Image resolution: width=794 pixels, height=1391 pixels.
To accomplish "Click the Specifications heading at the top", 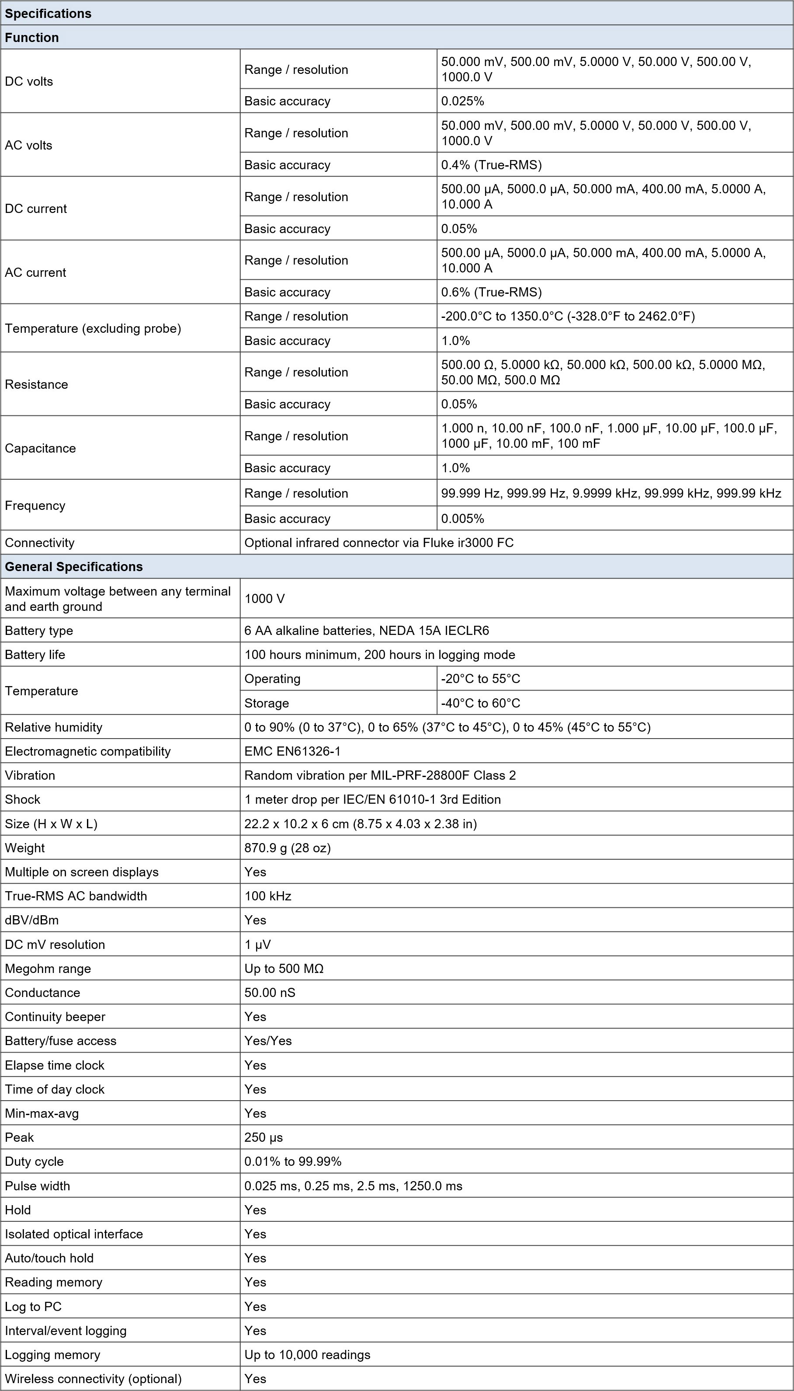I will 48,13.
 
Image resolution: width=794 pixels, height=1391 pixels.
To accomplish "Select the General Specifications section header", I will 73,566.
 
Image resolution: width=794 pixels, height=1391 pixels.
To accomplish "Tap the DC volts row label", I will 29,81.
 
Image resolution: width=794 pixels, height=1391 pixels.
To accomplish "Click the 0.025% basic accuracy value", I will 462,101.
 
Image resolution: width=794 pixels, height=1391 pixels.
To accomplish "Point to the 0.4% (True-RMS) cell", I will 491,165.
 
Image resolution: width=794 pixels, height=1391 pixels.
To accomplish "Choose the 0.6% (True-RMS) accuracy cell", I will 491,292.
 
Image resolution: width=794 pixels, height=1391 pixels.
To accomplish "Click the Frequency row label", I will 35,506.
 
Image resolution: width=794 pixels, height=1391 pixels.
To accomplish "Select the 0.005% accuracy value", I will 462,519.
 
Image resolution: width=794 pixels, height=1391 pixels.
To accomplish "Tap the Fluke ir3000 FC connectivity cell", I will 378,542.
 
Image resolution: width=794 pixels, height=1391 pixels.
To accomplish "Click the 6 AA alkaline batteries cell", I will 367,630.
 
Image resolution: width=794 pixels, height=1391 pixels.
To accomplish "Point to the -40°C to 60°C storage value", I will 480,703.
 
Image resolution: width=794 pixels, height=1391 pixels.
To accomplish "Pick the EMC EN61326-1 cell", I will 292,751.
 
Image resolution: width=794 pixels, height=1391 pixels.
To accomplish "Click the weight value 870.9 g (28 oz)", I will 288,847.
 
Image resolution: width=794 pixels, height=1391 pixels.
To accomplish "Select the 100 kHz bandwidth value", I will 268,896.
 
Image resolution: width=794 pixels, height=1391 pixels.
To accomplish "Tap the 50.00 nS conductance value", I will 270,992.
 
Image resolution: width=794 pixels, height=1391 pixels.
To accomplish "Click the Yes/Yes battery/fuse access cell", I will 268,1040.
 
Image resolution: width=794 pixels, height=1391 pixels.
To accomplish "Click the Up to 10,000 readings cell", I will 307,1354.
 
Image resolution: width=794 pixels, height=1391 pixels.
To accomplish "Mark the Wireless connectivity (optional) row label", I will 93,1378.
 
